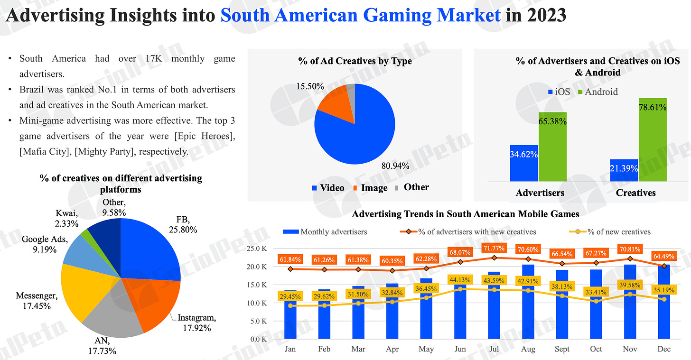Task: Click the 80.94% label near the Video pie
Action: coord(395,166)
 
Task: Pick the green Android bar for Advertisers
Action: coord(552,147)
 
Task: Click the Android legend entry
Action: coord(597,92)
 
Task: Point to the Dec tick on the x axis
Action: coord(664,349)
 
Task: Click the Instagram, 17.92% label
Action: coord(197,322)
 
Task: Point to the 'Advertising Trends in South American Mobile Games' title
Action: coord(465,214)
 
